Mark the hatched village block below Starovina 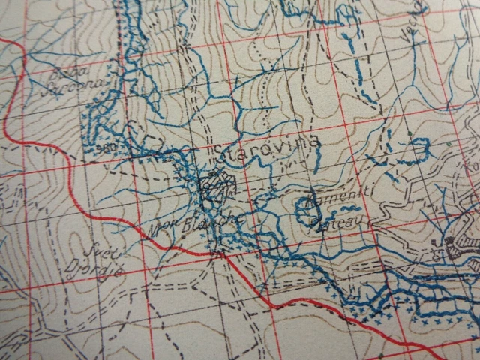coord(217,182)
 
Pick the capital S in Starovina coord(218,154)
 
